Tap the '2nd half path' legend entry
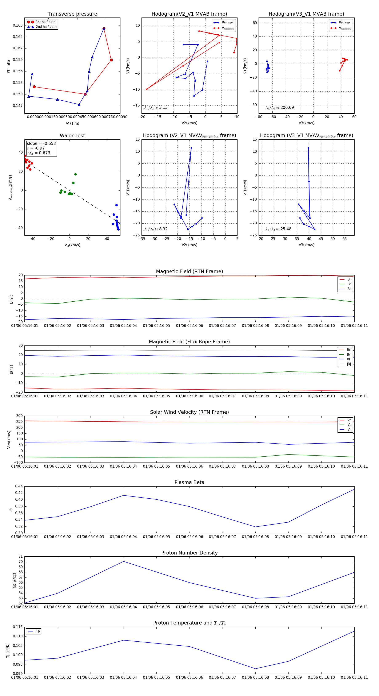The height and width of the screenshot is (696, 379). (x=46, y=27)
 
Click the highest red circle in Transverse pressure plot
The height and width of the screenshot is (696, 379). (x=104, y=29)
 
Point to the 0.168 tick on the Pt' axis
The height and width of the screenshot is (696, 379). (x=18, y=25)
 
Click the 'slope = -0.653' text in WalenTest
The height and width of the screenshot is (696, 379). (x=41, y=143)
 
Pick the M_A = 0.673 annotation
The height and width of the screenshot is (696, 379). (x=39, y=153)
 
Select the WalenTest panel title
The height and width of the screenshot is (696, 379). (x=72, y=136)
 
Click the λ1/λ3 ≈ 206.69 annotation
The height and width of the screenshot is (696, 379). (x=280, y=108)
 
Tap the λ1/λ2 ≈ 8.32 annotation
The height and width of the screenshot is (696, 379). (x=156, y=229)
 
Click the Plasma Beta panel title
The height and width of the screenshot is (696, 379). (x=189, y=482)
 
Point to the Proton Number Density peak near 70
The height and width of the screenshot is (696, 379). (x=124, y=561)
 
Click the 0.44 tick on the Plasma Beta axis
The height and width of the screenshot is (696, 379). (x=19, y=486)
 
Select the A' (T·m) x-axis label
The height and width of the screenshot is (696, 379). (x=72, y=123)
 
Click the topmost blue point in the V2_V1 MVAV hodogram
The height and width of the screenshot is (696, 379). (x=191, y=148)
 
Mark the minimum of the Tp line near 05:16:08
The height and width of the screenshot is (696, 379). (x=255, y=669)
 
